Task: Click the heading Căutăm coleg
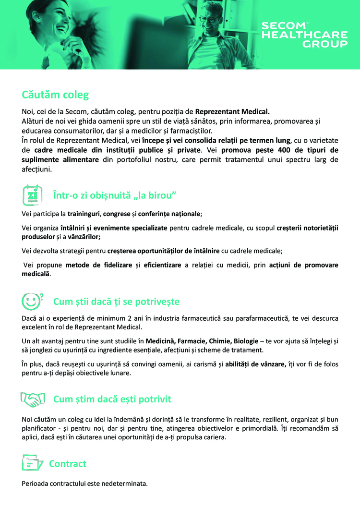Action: (x=55, y=95)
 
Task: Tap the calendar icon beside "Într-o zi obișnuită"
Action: (x=32, y=195)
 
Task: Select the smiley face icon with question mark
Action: (x=32, y=302)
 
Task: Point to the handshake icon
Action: (x=32, y=399)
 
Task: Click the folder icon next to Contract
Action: (x=32, y=464)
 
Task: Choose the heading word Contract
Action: (x=68, y=464)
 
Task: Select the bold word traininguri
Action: (x=84, y=213)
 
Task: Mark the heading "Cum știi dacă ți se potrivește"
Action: (x=116, y=302)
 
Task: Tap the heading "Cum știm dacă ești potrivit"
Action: (x=112, y=399)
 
